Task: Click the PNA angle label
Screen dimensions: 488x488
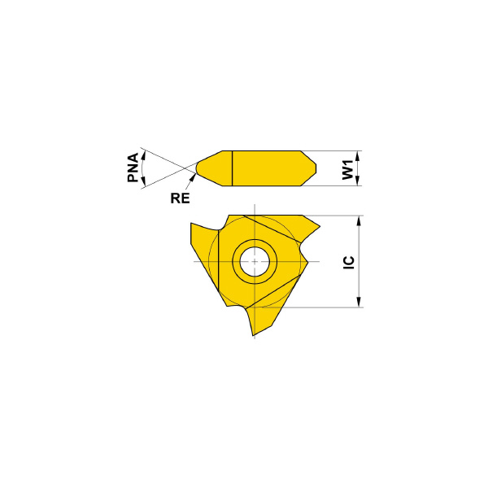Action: [133, 168]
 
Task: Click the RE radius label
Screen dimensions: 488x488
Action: [180, 198]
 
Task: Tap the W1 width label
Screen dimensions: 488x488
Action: [348, 170]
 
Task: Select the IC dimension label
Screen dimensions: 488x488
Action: [349, 263]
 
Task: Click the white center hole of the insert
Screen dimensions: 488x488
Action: [255, 261]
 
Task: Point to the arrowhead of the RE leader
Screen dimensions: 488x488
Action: [194, 177]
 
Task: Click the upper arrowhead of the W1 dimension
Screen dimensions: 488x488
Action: [357, 156]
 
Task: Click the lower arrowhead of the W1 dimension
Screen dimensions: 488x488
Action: [357, 181]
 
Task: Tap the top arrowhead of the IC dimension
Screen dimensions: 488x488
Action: [359, 221]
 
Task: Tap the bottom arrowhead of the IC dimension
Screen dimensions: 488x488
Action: [359, 302]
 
